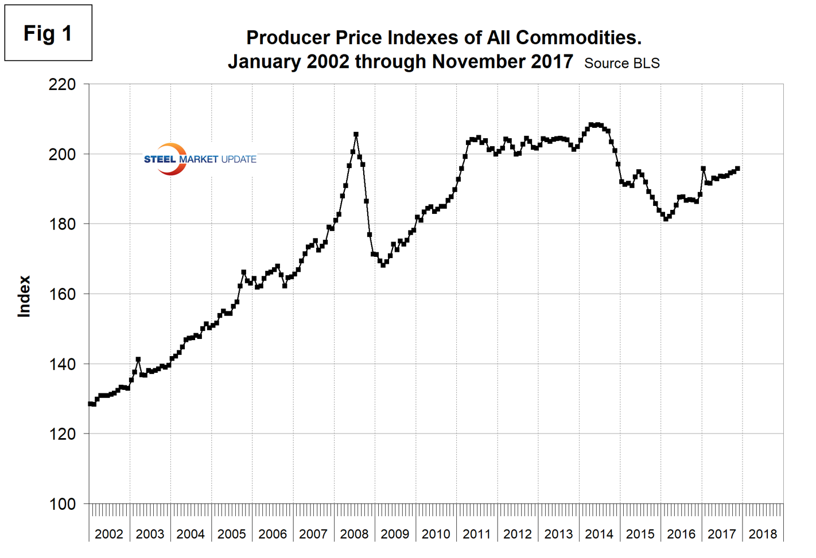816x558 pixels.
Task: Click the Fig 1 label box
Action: (48, 33)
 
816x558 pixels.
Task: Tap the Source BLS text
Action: (621, 64)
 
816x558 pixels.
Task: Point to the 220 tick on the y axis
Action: (62, 84)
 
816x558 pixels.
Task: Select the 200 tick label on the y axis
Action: (62, 154)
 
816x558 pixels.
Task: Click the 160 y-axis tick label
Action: (62, 294)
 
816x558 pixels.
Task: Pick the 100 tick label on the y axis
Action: (62, 504)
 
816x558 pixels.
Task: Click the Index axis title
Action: (24, 296)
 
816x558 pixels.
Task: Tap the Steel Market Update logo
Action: (199, 159)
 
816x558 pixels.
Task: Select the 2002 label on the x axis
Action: (109, 534)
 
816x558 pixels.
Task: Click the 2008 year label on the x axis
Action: (354, 534)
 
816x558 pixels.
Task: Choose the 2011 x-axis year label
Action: (477, 534)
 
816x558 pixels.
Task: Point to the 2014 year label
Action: (599, 534)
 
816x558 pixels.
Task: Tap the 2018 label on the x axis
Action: (763, 534)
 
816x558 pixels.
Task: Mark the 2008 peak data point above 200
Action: (356, 135)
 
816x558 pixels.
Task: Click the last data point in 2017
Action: (737, 169)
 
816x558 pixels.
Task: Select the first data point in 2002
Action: (91, 404)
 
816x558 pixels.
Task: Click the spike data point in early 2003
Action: (138, 360)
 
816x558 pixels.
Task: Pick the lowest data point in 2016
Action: (666, 218)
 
